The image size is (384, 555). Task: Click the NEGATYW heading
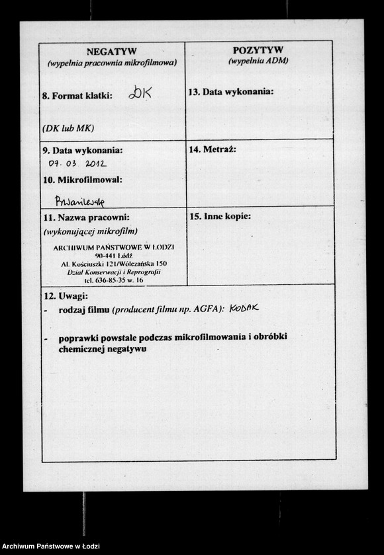(111, 52)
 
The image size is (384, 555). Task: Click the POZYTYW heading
(258, 50)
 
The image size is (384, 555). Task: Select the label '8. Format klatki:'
(77, 96)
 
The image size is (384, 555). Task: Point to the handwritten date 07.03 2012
(77, 163)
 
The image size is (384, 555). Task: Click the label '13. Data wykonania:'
(230, 92)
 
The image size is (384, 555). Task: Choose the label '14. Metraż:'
(213, 149)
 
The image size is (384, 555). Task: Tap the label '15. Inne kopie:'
(220, 216)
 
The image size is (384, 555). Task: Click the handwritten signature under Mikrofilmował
(79, 201)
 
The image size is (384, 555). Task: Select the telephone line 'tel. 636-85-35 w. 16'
(114, 280)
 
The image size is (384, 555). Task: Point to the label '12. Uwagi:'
(65, 296)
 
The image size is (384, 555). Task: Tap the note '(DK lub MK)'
(68, 128)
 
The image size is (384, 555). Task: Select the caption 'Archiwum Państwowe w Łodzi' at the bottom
(51, 546)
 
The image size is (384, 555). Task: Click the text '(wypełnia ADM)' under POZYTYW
(258, 61)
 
